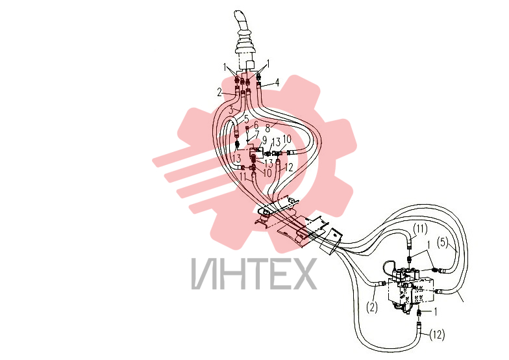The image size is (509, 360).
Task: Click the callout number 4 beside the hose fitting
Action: coord(277,82)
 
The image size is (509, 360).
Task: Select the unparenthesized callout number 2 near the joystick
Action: coord(219,92)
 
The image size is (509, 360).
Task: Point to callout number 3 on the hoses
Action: coord(231,110)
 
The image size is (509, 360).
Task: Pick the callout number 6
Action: coord(256,125)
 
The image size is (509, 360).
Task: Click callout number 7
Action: coord(257,134)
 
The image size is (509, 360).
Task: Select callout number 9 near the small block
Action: coord(265,140)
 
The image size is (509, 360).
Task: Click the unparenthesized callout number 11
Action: coord(243,177)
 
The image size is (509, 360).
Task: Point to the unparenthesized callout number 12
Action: coord(288,168)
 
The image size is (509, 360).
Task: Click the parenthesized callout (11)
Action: coord(420,230)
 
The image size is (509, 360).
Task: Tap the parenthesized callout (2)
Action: coord(372,307)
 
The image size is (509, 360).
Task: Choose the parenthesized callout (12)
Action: coord(437,335)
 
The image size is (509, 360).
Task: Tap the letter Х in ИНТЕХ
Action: coord(304,274)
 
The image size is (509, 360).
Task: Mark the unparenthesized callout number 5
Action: coord(247,119)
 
